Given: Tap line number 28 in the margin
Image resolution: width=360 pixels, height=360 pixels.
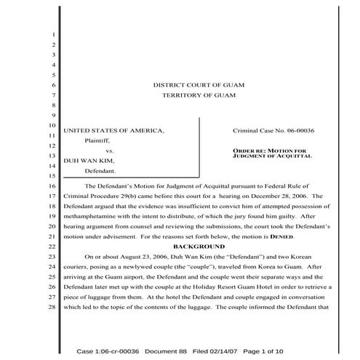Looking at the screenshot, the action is [53, 308].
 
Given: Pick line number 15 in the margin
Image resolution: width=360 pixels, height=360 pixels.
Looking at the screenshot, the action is [53, 176].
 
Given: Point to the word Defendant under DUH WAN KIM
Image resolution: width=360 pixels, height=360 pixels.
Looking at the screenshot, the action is [101, 172].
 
